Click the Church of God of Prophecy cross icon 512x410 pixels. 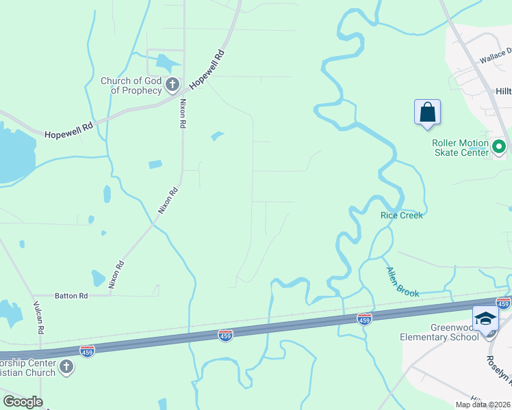(x=172, y=85)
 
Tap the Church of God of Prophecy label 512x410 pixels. (x=131, y=85)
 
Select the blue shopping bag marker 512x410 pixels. (x=427, y=113)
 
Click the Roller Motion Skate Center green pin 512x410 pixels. (x=499, y=146)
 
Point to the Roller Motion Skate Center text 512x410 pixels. (x=460, y=148)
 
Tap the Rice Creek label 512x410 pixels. (x=402, y=215)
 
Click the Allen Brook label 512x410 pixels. (x=402, y=282)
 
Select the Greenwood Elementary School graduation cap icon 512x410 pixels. (x=485, y=319)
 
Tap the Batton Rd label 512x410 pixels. (x=73, y=296)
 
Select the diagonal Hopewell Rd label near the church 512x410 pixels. (x=208, y=69)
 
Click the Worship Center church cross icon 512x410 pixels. (x=66, y=367)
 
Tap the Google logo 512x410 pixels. (x=23, y=402)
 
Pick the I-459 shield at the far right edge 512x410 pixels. (x=503, y=303)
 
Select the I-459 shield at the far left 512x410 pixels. (x=87, y=351)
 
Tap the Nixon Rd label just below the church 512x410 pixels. (x=183, y=114)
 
